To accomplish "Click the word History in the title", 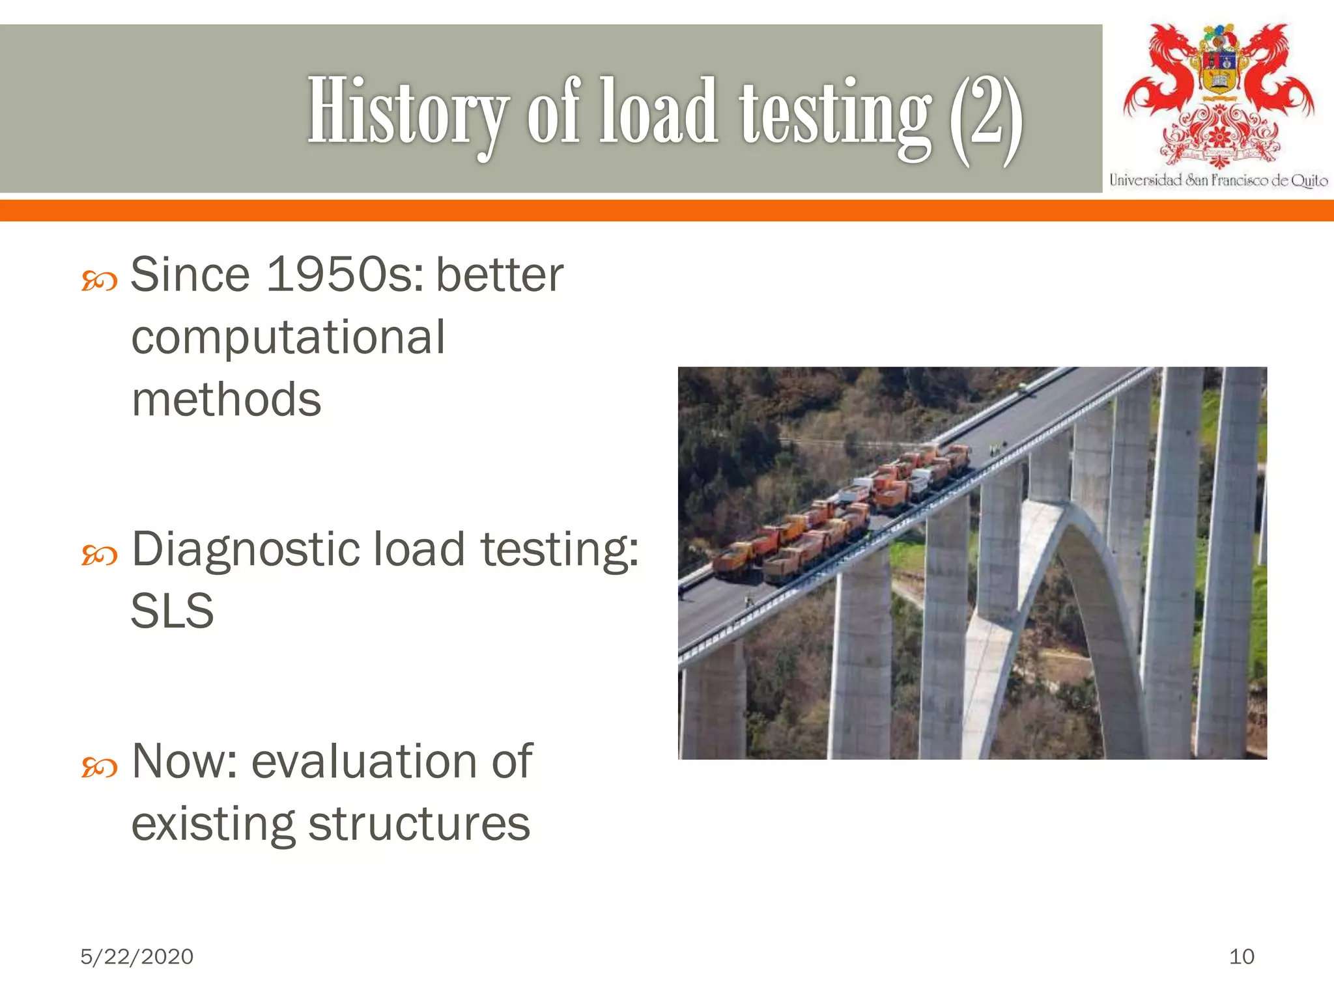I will click(407, 111).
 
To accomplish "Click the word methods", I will click(227, 400).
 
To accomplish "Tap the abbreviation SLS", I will click(172, 611).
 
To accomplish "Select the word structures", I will click(419, 824).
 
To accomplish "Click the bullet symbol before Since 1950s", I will click(99, 282).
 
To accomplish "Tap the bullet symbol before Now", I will click(99, 768).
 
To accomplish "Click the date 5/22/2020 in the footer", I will click(137, 956).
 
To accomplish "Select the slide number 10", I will click(1242, 956).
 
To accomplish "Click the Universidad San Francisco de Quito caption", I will click(1218, 180).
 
